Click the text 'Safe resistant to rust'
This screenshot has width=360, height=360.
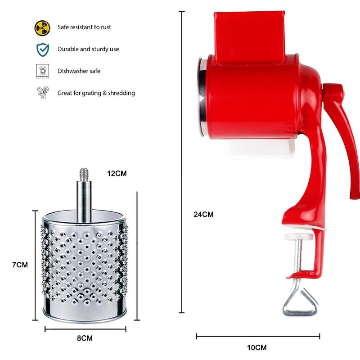click(84, 27)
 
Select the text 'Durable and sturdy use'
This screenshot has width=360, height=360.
click(88, 49)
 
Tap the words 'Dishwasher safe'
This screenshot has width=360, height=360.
click(79, 71)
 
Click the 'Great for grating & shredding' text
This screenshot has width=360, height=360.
click(96, 93)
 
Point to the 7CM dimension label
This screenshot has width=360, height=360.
click(20, 265)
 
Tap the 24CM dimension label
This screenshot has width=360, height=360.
click(203, 215)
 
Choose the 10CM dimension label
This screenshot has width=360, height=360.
click(257, 347)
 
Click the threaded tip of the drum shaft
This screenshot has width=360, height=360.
click(83, 172)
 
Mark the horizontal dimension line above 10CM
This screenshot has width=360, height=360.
click(258, 336)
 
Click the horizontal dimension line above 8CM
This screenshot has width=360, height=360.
click(85, 329)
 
